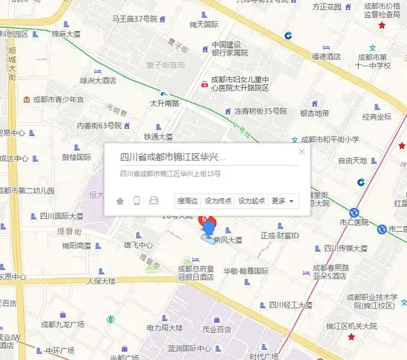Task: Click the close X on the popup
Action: click(x=302, y=151)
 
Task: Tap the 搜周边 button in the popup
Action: click(x=187, y=201)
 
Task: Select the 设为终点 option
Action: click(x=218, y=201)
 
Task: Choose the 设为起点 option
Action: click(x=251, y=201)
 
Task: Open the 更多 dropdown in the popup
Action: click(x=282, y=201)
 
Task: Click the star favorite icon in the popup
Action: click(x=120, y=201)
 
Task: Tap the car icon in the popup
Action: click(x=153, y=201)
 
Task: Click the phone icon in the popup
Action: click(x=136, y=201)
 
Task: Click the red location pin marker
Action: click(x=207, y=221)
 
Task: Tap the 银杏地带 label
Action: click(x=314, y=113)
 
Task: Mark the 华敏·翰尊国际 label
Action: click(x=245, y=271)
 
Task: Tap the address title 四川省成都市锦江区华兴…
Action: click(x=173, y=156)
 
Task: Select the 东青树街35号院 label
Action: click(x=260, y=112)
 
